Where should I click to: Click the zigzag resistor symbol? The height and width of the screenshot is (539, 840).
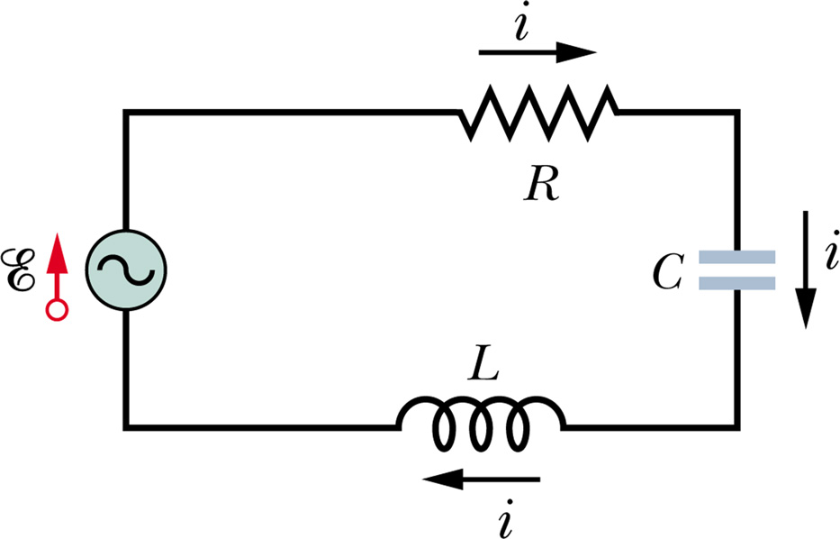point(538,112)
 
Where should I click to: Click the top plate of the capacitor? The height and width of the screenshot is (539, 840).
point(737,257)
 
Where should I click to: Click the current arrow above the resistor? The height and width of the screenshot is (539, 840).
point(537,52)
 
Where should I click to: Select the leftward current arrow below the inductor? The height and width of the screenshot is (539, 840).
point(481,481)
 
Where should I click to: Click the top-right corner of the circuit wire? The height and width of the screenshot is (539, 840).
point(737,112)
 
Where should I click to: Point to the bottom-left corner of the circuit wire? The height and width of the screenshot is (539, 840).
point(126,424)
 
